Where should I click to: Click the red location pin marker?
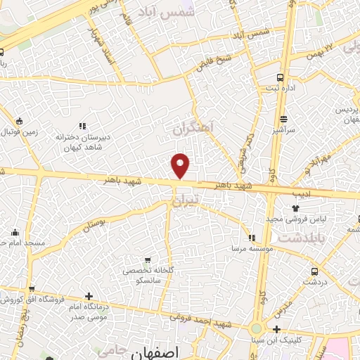pyautogui.click(x=181, y=165)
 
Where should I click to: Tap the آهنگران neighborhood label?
pyautogui.click(x=193, y=129)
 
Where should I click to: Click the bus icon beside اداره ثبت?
pyautogui.click(x=281, y=78)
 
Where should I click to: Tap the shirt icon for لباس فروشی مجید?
pyautogui.click(x=295, y=208)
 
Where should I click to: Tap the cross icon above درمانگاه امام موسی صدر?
pyautogui.click(x=88, y=296)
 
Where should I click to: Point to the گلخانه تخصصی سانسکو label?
pyautogui.click(x=146, y=275)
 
